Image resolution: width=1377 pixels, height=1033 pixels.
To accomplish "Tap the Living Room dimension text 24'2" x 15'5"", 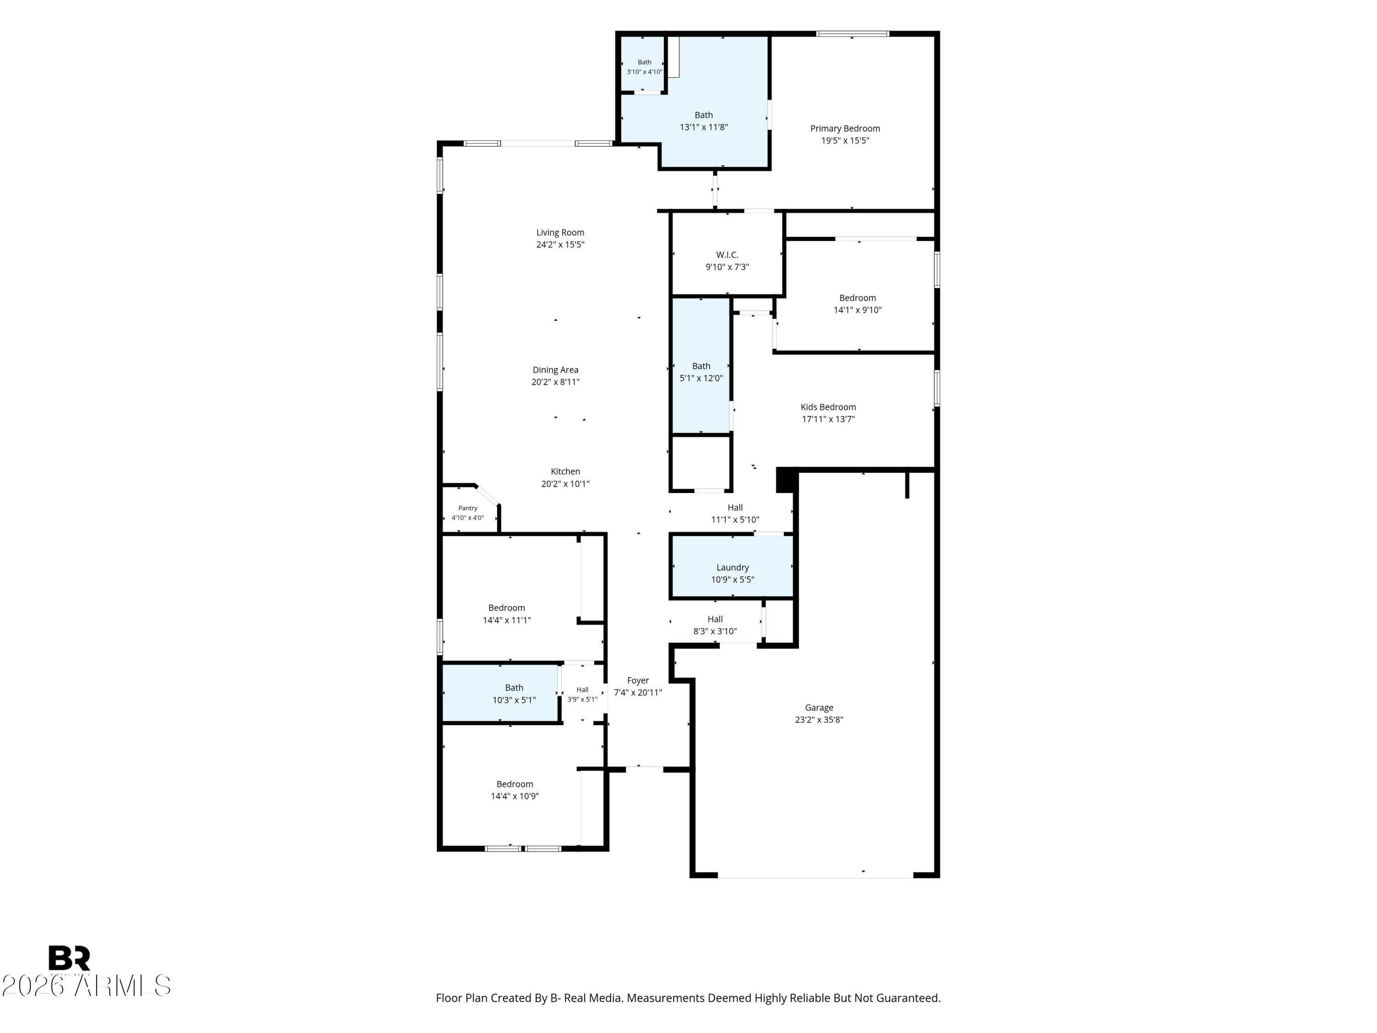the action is (x=560, y=245).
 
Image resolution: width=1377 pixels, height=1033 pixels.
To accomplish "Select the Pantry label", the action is (x=468, y=508).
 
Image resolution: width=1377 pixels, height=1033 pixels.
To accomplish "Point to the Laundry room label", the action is (x=732, y=567).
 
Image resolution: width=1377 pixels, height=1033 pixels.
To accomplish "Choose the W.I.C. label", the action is (x=727, y=255).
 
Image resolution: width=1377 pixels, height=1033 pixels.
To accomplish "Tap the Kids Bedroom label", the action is (x=828, y=407).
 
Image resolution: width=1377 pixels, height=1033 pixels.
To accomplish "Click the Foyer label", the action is (x=638, y=680).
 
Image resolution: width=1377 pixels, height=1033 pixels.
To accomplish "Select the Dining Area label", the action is (x=555, y=370).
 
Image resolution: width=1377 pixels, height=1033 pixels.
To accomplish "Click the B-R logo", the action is (x=69, y=958).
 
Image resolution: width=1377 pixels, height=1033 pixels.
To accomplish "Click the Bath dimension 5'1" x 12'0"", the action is (x=701, y=378).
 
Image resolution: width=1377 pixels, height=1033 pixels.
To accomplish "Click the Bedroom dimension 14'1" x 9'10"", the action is (x=858, y=310).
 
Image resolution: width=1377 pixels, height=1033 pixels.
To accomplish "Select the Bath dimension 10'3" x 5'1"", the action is (x=514, y=700).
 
